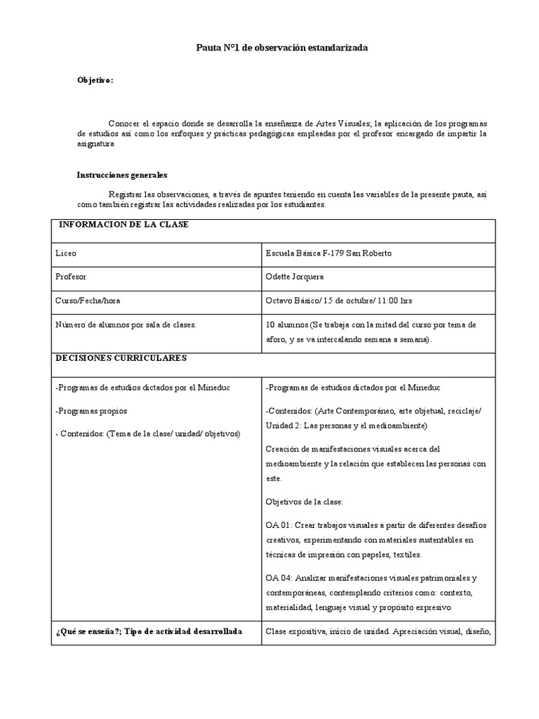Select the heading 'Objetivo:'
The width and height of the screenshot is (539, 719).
coord(95,81)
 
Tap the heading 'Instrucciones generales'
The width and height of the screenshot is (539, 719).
coord(121,175)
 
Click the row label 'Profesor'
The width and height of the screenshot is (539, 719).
coord(70,277)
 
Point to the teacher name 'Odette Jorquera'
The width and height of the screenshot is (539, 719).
coord(295,277)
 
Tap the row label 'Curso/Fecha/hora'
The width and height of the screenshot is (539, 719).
coord(87,301)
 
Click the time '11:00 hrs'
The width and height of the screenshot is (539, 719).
coord(395,301)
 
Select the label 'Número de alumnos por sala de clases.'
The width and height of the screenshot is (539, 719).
coord(126,324)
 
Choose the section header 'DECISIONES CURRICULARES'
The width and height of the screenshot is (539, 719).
coord(120,358)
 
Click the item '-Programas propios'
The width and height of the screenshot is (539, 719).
coord(91,410)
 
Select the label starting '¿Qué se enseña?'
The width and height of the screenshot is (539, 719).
coord(148,631)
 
